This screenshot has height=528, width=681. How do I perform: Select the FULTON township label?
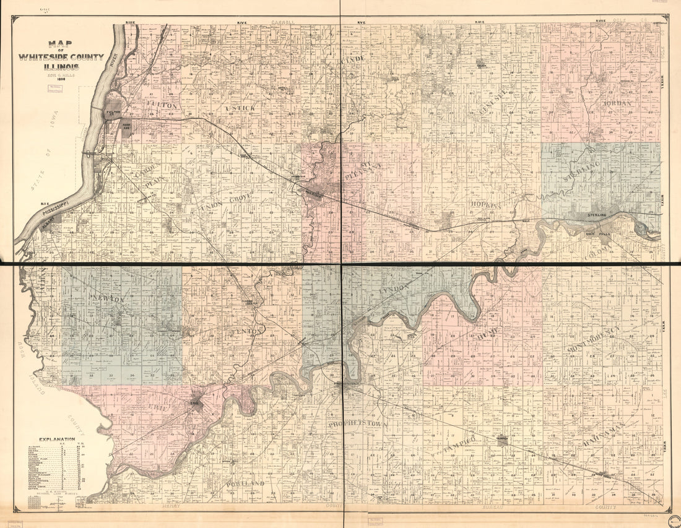click(163, 106)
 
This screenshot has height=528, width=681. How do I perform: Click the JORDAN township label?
click(617, 103)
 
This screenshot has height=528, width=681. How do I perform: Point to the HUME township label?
click(488, 335)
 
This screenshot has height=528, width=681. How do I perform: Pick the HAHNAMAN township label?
click(604, 431)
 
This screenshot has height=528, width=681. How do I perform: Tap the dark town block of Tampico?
click(501, 441)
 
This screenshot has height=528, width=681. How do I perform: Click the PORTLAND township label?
click(245, 483)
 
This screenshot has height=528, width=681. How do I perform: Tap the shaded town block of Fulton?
click(113, 111)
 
